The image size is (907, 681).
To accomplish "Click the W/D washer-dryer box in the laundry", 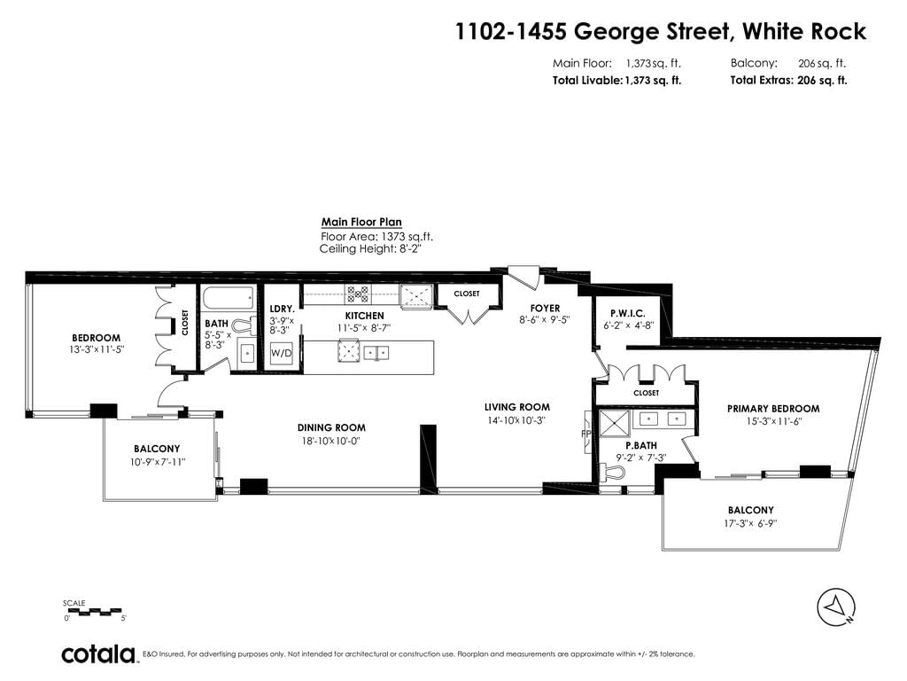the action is click(281, 353).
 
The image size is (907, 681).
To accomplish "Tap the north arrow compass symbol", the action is click(836, 607).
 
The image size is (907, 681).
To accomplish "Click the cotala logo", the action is click(98, 654).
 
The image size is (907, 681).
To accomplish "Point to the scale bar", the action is click(93, 611).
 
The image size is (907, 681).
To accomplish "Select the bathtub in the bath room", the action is click(228, 299).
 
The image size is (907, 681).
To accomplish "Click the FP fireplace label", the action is click(585, 433).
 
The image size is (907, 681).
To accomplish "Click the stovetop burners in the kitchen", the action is click(358, 294).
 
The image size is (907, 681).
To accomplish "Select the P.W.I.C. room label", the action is click(628, 313).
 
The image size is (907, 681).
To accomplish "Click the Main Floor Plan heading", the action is click(361, 222).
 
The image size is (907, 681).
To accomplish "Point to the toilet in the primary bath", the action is click(614, 474).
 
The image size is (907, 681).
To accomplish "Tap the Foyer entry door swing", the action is click(524, 277).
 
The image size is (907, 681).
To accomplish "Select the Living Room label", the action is click(517, 407).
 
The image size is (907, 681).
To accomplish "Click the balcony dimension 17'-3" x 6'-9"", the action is click(750, 523).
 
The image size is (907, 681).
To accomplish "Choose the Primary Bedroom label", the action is click(773, 409).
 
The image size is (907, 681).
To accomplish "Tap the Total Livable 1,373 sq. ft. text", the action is click(616, 81).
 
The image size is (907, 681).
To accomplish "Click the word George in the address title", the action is click(652, 32).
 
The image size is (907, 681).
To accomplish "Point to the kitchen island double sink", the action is click(376, 352).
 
